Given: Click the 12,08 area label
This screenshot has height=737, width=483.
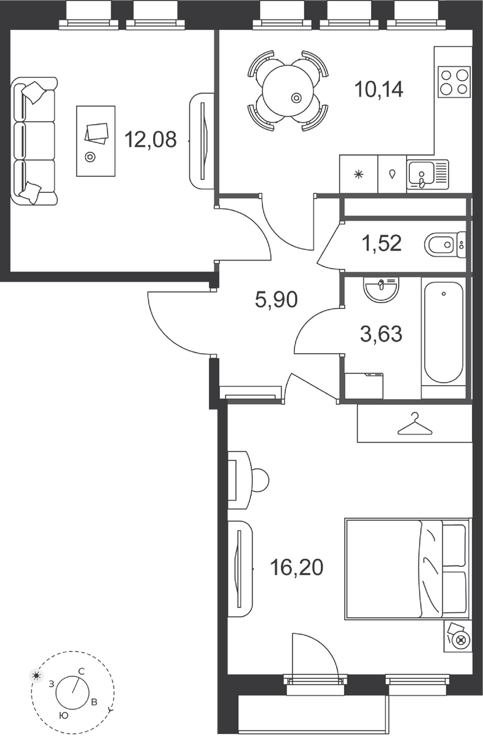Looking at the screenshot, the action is click(151, 139).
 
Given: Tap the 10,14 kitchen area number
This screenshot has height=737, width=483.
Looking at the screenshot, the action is click(379, 90).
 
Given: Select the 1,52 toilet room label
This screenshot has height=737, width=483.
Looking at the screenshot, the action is click(382, 243).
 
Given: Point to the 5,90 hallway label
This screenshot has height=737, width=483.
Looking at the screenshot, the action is click(277, 300).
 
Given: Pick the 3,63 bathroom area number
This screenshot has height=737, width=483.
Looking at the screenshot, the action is click(381, 333).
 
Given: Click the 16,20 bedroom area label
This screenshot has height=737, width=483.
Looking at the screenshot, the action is click(296, 567).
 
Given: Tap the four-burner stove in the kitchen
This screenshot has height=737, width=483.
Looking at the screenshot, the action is click(454, 82).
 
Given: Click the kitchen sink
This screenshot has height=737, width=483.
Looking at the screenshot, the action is click(428, 174).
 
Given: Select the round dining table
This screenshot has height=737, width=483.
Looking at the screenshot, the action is click(288, 90).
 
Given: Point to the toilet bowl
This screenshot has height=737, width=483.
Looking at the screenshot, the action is click(445, 245).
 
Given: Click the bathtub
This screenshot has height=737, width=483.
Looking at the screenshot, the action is click(444, 332).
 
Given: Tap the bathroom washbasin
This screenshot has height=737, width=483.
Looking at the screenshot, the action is click(381, 289).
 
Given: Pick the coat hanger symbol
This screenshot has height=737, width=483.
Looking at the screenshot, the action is click(415, 424).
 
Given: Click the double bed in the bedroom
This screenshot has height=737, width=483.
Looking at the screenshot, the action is click(407, 569).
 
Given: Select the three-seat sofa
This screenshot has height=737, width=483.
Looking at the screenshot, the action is click(34, 141).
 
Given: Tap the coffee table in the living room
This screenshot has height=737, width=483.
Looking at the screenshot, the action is click(96, 141).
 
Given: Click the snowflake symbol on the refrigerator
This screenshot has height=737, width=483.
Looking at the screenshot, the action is click(358, 174).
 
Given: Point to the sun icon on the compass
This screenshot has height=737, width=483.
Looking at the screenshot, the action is click(36, 676).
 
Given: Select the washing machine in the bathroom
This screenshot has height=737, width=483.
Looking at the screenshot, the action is click(364, 386).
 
